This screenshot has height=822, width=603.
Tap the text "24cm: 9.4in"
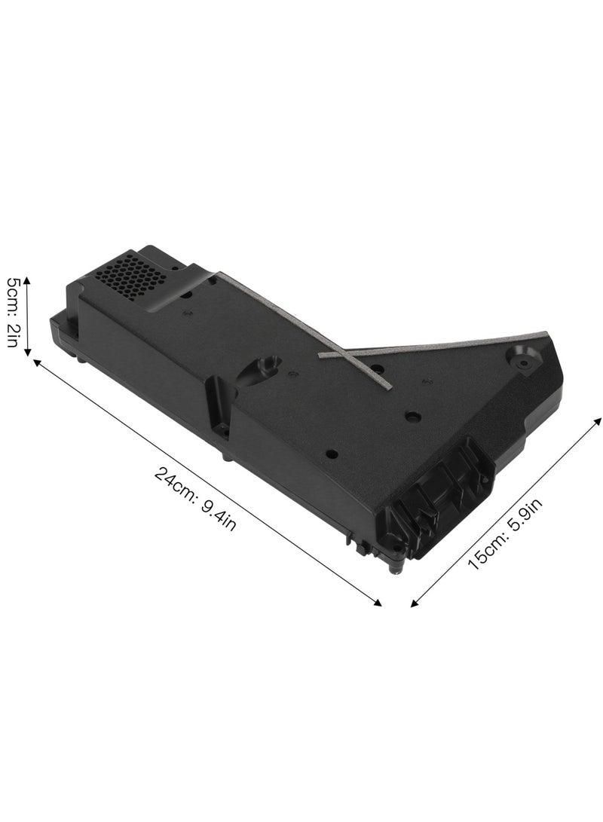pos(196,498)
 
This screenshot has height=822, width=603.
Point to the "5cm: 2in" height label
pos(17,311)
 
